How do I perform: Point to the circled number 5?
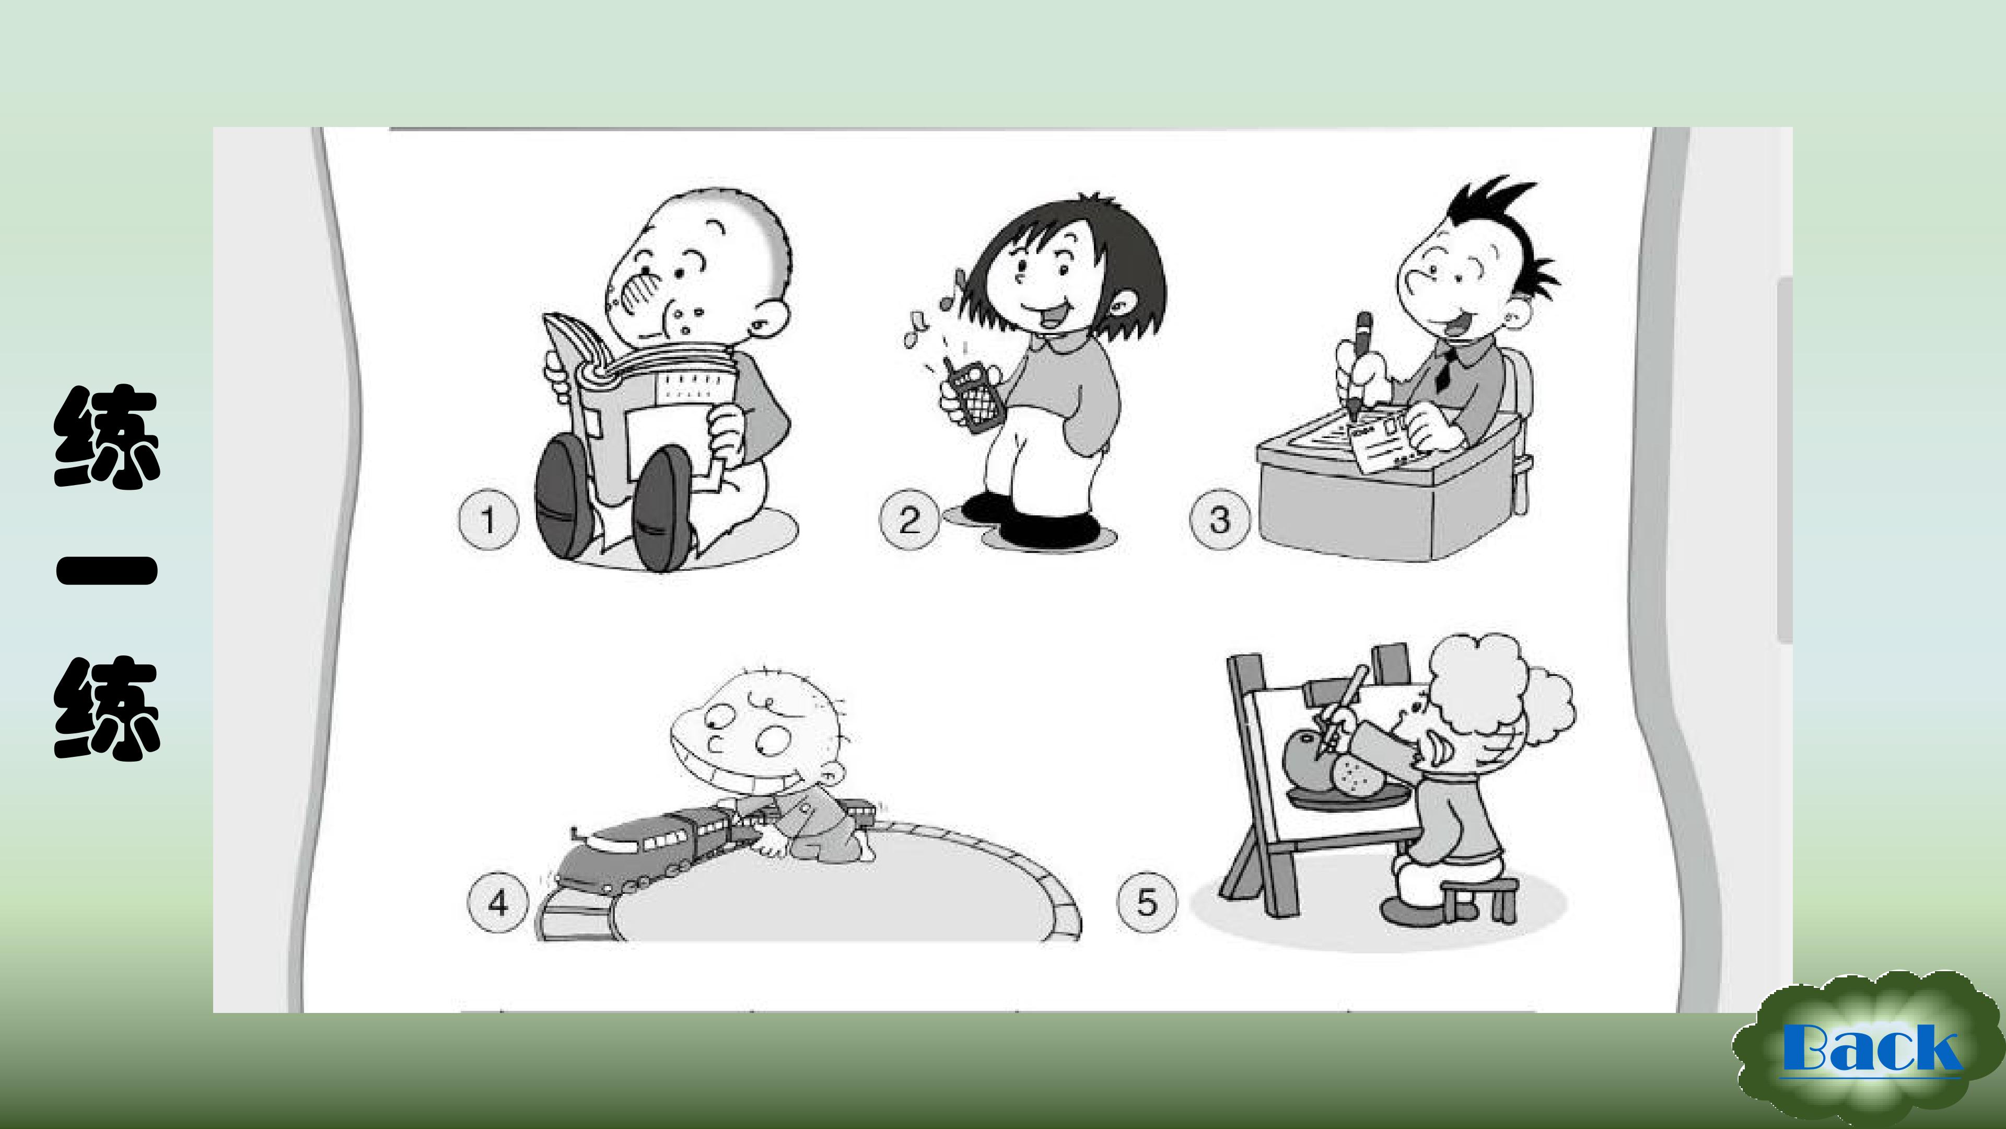pyautogui.click(x=1147, y=902)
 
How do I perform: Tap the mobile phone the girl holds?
pyautogui.click(x=973, y=395)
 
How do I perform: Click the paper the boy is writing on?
pyautogui.click(x=1382, y=447)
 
